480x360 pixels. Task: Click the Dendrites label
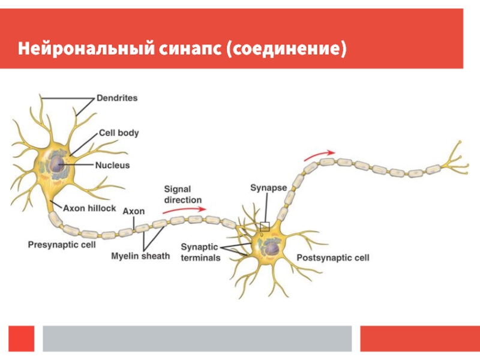pos(117,98)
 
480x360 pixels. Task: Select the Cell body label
pos(119,133)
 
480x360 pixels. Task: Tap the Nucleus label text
pos(112,166)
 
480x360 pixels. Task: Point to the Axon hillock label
pos(89,208)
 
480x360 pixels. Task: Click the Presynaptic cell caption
pos(62,245)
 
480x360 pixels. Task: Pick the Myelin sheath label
pos(140,256)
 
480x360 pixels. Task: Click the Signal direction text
pos(183,194)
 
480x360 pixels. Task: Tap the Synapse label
pos(268,188)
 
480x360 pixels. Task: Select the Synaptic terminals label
pos(200,252)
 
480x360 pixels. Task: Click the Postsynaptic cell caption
pos(333,258)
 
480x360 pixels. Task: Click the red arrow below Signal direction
pos(184,209)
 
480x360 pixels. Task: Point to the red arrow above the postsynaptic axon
pos(319,155)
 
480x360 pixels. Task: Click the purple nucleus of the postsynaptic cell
pos(272,248)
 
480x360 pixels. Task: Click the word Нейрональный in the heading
pos(86,49)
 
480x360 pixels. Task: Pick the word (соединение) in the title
pos(287,49)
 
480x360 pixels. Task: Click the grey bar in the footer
pos(197,338)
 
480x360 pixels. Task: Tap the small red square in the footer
pos(22,338)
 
